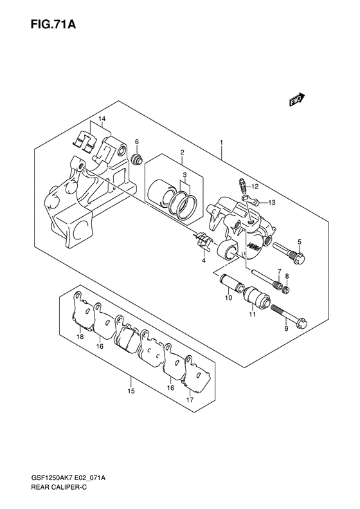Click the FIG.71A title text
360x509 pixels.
pyautogui.click(x=53, y=24)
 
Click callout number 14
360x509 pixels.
pyautogui.click(x=102, y=119)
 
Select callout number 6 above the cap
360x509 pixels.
pyautogui.click(x=137, y=142)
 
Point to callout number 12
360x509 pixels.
pyautogui.click(x=255, y=187)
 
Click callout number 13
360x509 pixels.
pyautogui.click(x=272, y=203)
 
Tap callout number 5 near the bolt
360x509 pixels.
pyautogui.click(x=300, y=242)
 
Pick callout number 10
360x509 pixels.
pyautogui.click(x=229, y=298)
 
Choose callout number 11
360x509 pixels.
pyautogui.click(x=253, y=314)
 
